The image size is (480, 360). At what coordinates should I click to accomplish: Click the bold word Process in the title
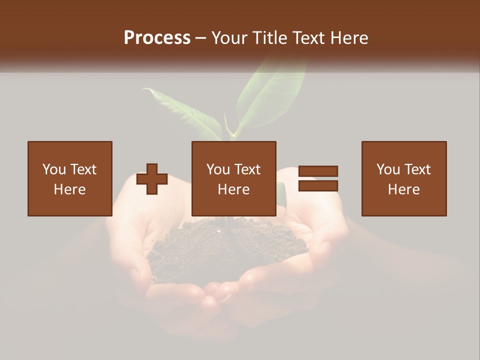(x=157, y=38)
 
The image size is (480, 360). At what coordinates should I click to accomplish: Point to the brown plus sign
(x=152, y=179)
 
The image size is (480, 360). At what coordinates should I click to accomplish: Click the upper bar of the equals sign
(x=318, y=171)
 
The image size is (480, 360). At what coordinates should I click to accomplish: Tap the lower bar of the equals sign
(x=318, y=186)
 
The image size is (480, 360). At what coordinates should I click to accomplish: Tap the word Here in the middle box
(x=233, y=189)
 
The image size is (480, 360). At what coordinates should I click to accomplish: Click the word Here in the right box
(x=403, y=189)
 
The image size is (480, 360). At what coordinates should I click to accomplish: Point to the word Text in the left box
(x=83, y=169)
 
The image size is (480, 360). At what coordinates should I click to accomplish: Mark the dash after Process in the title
(x=201, y=38)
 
